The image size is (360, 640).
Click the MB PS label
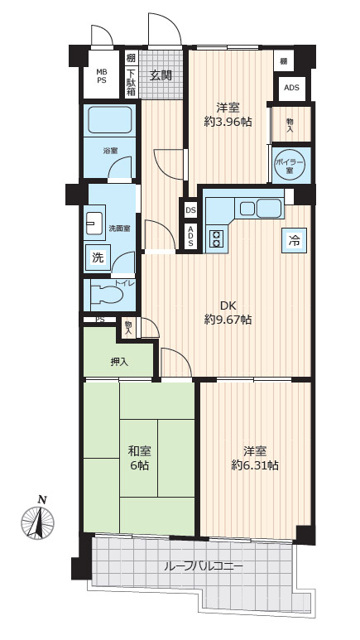[x=101, y=76]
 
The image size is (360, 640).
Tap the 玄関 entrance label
[x=160, y=75]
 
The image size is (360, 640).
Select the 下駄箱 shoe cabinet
[x=131, y=82]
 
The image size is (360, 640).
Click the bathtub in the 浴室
[x=110, y=119]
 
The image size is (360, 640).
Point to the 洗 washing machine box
[x=98, y=257]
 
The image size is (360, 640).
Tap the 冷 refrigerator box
[x=294, y=240]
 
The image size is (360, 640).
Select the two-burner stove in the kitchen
[x=217, y=239]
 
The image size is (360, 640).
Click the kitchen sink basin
[x=269, y=209]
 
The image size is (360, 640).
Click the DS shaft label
[x=190, y=210]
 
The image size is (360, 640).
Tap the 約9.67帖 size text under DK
[x=228, y=320]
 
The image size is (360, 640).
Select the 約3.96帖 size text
[x=228, y=121]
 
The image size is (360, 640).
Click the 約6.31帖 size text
[x=255, y=465]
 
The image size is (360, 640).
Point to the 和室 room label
[x=140, y=451]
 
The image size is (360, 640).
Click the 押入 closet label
[x=119, y=362]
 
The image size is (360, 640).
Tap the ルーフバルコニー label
[x=204, y=566]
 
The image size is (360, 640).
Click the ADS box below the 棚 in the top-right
[x=291, y=88]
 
